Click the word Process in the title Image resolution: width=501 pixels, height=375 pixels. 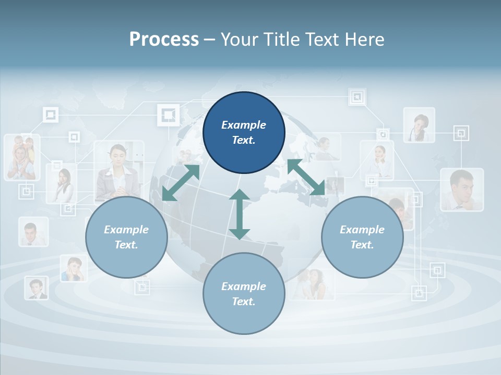(x=164, y=39)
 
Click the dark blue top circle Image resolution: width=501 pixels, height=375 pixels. (x=244, y=133)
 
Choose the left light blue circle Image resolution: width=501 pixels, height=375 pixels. (x=126, y=238)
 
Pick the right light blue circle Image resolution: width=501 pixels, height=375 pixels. (x=362, y=238)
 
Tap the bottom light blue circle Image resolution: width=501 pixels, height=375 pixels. (x=244, y=294)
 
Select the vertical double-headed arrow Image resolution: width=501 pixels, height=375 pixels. (x=240, y=215)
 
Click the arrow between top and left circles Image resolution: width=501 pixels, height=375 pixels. (x=181, y=182)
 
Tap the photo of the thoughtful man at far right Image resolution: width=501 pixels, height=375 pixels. (x=461, y=189)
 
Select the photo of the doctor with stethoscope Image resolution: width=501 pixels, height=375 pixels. (x=419, y=125)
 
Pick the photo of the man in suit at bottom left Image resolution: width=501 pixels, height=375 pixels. (x=36, y=287)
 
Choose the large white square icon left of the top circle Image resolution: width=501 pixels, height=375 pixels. (x=168, y=115)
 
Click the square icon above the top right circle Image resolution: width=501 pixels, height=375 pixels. (x=357, y=97)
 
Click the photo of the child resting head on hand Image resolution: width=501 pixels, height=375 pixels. (x=73, y=268)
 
